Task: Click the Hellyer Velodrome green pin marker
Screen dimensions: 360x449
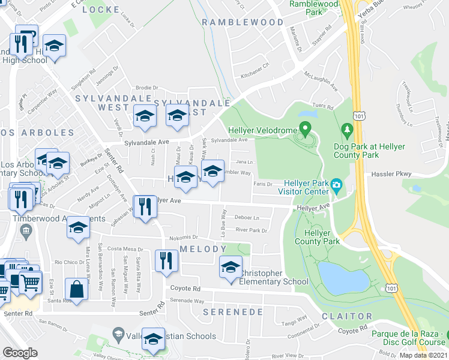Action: click(x=305, y=128)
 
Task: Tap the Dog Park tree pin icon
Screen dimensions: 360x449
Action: click(x=346, y=129)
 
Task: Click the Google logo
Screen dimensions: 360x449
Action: click(x=20, y=353)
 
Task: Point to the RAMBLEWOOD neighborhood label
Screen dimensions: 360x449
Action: click(x=243, y=22)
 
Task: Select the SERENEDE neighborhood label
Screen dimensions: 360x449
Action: click(x=233, y=312)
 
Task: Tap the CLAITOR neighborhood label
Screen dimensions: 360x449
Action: click(x=346, y=316)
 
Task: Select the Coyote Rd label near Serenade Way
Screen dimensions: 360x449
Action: click(x=184, y=288)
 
